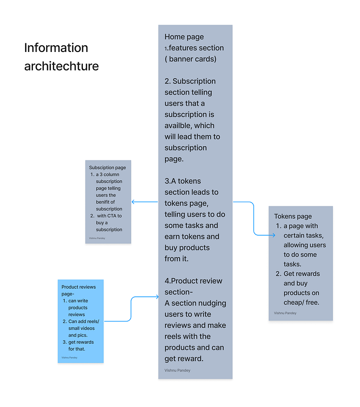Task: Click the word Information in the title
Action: (x=56, y=48)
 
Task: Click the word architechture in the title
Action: (x=62, y=66)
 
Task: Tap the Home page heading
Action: (x=184, y=37)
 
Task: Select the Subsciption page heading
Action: (x=107, y=168)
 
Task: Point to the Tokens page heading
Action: (x=293, y=217)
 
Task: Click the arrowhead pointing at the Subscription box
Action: (x=133, y=202)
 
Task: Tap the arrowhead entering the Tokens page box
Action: (x=274, y=235)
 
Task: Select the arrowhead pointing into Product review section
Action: (x=157, y=297)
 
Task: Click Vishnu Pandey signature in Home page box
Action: (x=177, y=370)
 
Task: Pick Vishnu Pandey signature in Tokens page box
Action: (x=285, y=313)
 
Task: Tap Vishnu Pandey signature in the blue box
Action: (x=69, y=358)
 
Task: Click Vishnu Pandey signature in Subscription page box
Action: (x=97, y=238)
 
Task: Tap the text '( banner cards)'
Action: (x=191, y=59)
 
